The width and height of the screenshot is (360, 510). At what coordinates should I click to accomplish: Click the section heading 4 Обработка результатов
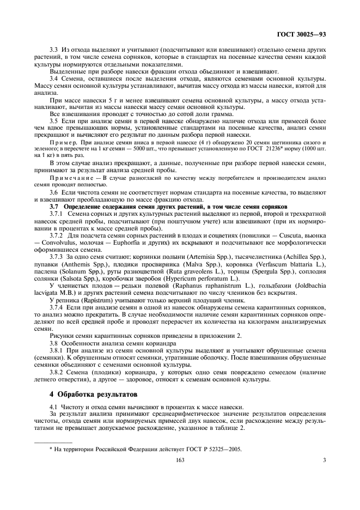click(93, 393)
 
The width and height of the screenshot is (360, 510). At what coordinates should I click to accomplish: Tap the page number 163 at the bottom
click(180, 460)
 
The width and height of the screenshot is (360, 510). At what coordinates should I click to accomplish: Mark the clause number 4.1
click(53, 406)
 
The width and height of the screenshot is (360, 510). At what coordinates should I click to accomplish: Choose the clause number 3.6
click(53, 192)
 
